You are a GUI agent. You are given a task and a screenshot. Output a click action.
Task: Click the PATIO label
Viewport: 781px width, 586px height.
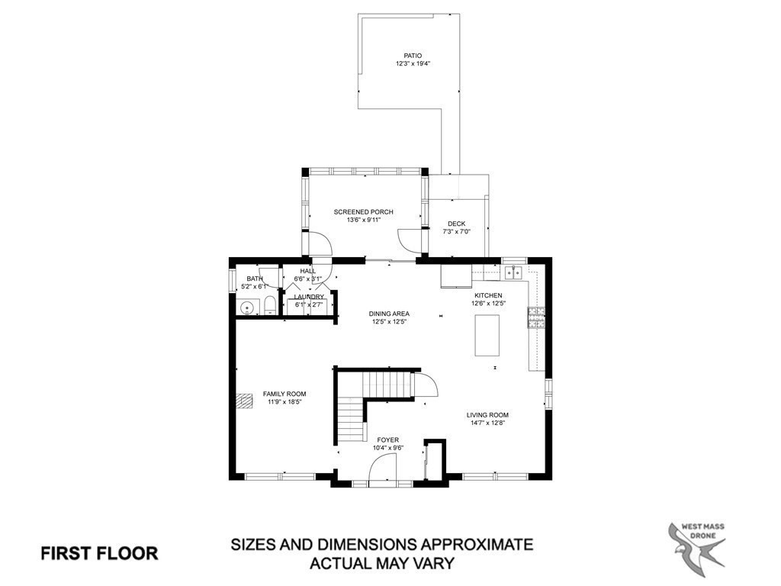(413, 56)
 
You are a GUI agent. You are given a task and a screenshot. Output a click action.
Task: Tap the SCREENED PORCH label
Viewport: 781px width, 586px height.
(363, 211)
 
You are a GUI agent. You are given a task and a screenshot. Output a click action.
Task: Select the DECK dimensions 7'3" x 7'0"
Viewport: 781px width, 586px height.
(457, 232)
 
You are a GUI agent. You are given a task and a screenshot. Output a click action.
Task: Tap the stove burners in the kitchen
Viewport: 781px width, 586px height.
(536, 317)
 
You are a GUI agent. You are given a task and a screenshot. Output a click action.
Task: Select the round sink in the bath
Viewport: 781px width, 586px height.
(246, 308)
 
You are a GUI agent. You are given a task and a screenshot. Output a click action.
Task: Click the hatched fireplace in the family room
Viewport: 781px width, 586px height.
(245, 401)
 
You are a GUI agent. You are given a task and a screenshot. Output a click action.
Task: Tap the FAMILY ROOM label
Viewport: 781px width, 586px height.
(284, 394)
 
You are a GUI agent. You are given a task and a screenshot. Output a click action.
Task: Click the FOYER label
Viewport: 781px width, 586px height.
(387, 439)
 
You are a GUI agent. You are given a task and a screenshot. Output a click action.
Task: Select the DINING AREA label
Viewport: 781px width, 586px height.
(390, 314)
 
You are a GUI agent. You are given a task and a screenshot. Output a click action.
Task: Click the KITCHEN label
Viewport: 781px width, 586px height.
(488, 295)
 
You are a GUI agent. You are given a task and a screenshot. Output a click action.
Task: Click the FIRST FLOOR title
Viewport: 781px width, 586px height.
(99, 553)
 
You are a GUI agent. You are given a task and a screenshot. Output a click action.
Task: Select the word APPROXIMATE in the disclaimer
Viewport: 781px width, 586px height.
(468, 545)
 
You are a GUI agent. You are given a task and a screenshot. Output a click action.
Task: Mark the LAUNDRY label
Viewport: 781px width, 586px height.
(309, 297)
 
